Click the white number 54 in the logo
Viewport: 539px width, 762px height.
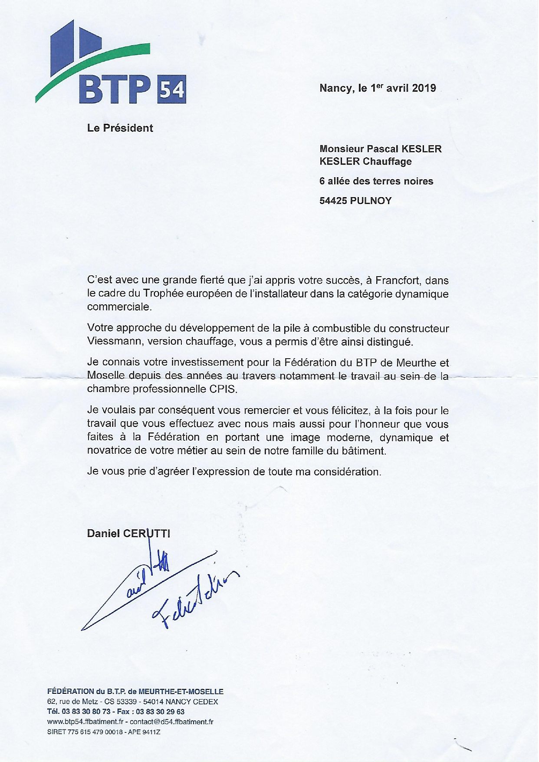point(172,90)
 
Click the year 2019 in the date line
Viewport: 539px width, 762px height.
point(424,88)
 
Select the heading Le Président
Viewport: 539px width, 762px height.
point(120,128)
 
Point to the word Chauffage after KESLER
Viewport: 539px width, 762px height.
point(387,162)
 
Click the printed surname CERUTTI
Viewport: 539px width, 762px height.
point(147,533)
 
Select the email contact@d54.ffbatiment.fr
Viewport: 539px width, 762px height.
point(171,722)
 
